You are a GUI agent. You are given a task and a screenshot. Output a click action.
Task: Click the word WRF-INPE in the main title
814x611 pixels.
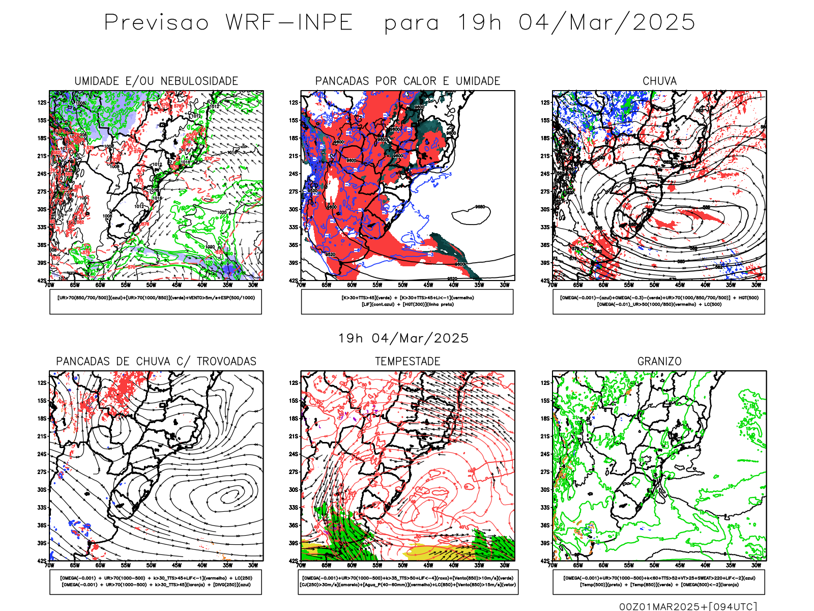[x=289, y=23]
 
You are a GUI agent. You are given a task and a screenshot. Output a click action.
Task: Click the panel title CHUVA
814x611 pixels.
[x=659, y=81]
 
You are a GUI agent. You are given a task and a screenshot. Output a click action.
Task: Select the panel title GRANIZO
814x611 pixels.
[x=659, y=362]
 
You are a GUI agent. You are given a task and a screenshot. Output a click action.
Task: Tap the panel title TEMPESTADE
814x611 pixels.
[x=408, y=362]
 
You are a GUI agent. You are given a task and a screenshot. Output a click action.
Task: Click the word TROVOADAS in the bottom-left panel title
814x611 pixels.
[x=226, y=362]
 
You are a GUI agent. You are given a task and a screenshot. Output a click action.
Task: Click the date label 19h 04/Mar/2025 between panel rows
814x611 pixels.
[x=403, y=338]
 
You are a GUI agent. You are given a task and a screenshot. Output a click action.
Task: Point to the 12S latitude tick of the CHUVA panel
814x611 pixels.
[x=545, y=103]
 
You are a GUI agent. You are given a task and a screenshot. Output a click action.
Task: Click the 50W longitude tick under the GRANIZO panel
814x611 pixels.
[x=654, y=565]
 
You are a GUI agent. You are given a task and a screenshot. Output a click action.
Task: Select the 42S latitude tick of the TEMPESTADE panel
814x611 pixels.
[x=294, y=561]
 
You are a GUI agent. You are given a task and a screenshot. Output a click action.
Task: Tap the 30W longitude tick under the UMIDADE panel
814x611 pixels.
[x=253, y=285]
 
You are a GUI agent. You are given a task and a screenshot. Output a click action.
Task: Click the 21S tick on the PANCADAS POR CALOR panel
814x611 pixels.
[x=294, y=156]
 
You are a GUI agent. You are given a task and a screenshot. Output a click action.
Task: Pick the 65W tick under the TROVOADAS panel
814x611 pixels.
[x=75, y=565]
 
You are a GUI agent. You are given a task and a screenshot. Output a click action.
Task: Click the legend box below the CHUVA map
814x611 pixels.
[x=659, y=301]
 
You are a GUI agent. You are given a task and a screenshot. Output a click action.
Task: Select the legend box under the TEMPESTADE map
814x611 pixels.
[x=408, y=581]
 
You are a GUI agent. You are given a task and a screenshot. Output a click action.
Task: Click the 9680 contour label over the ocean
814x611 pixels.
[x=480, y=207]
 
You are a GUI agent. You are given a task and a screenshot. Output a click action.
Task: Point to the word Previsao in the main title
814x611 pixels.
[x=157, y=23]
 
